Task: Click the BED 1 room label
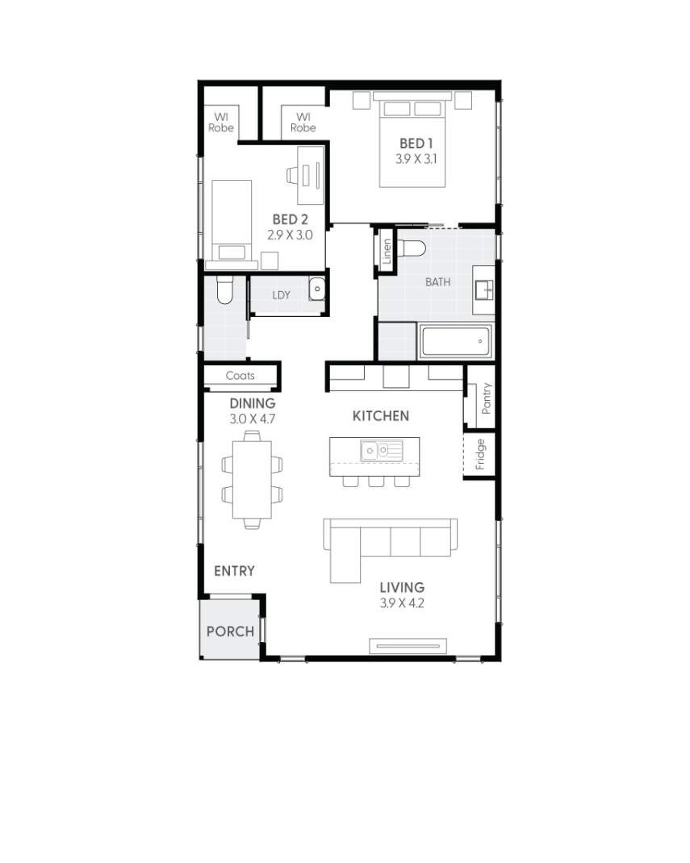[416, 144]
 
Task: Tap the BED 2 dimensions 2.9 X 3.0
[289, 236]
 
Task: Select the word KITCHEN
[381, 416]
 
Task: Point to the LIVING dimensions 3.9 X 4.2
[402, 603]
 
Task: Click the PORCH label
[230, 632]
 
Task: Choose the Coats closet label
[240, 376]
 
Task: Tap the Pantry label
[486, 398]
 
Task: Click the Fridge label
[480, 454]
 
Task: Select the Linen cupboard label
[387, 252]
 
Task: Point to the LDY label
[280, 295]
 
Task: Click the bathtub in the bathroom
[455, 342]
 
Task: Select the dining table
[252, 479]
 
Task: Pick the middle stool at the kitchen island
[376, 481]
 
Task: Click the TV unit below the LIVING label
[408, 644]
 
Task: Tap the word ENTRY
[234, 571]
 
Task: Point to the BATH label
[438, 282]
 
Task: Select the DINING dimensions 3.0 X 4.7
[252, 419]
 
